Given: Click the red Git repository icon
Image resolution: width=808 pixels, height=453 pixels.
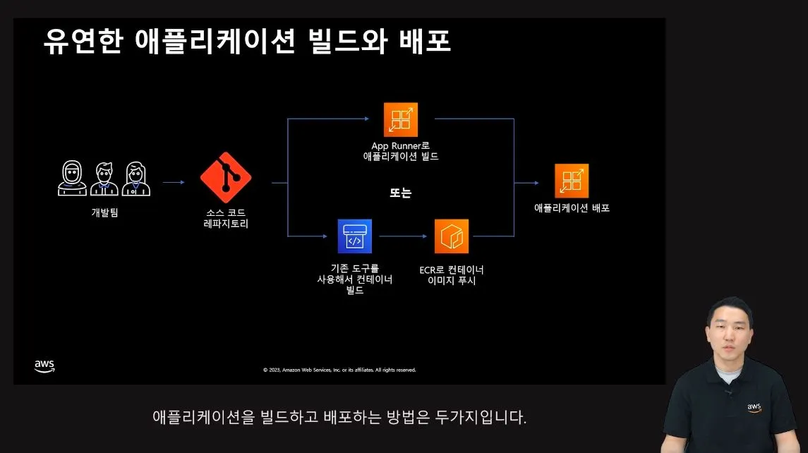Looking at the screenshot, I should (x=226, y=178).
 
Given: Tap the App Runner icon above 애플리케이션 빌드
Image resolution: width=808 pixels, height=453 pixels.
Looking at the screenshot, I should (x=401, y=119).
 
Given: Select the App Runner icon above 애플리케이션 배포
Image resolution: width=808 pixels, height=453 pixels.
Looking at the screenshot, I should (x=572, y=181).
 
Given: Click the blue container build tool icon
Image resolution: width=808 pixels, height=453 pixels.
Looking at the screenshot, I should (x=354, y=236).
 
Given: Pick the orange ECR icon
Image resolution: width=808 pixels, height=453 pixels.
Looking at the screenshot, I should (x=452, y=236).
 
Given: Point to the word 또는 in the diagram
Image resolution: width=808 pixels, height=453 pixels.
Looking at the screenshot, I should (x=400, y=193).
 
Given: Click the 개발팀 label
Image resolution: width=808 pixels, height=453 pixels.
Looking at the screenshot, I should (x=104, y=212).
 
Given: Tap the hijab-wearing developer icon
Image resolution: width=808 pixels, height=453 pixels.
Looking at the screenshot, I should (x=73, y=179).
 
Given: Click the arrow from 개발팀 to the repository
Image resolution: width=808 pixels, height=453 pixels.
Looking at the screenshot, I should (x=174, y=183).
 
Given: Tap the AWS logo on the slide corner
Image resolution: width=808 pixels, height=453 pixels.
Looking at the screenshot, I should (x=44, y=366).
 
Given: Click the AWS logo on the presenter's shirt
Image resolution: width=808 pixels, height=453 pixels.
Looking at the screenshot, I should (x=755, y=408).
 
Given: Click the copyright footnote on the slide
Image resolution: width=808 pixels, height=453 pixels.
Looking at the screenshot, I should (x=339, y=370).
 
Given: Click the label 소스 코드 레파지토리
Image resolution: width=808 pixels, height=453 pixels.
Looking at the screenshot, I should (x=226, y=219).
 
